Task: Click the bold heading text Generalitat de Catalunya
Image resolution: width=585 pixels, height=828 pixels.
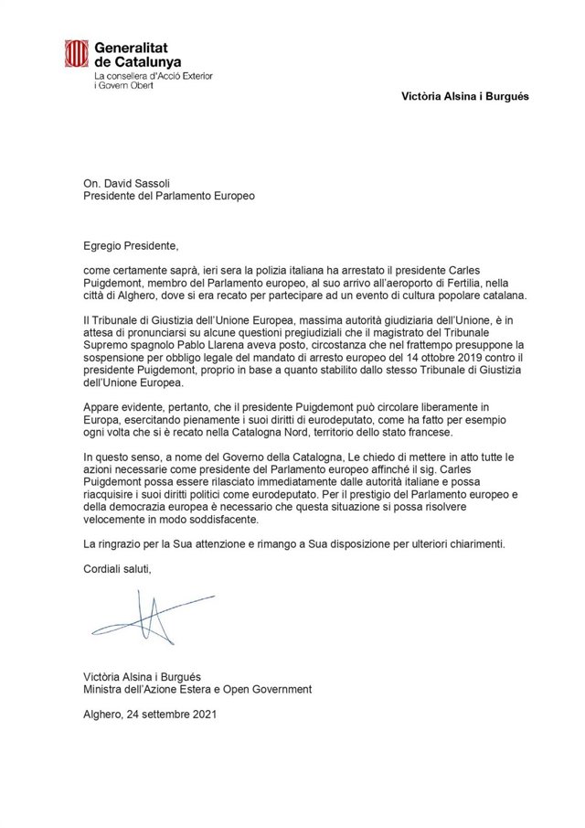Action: [x=137, y=53]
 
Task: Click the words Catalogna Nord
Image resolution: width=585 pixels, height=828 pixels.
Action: [x=264, y=432]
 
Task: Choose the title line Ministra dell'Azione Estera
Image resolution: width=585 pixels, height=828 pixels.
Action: [x=196, y=689]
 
